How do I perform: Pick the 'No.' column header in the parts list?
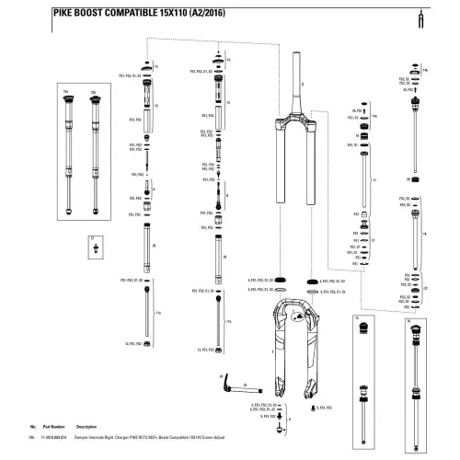[33, 429]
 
